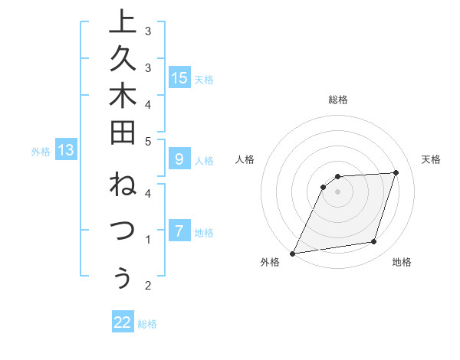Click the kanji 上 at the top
pyautogui.click(x=120, y=22)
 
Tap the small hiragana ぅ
pyautogui.click(x=121, y=280)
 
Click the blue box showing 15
pyautogui.click(x=179, y=77)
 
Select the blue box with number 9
pyautogui.click(x=179, y=159)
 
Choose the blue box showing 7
pyautogui.click(x=179, y=231)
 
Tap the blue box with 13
pyautogui.click(x=66, y=151)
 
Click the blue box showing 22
pyautogui.click(x=123, y=322)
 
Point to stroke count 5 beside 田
pyautogui.click(x=149, y=141)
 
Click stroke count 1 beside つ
pyautogui.click(x=149, y=240)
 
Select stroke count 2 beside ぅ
pyautogui.click(x=149, y=286)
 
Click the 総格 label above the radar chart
pyautogui.click(x=338, y=100)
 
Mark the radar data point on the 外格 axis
pyautogui.click(x=292, y=254)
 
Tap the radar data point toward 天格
pyautogui.click(x=396, y=172)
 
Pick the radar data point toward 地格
pyautogui.click(x=374, y=242)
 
